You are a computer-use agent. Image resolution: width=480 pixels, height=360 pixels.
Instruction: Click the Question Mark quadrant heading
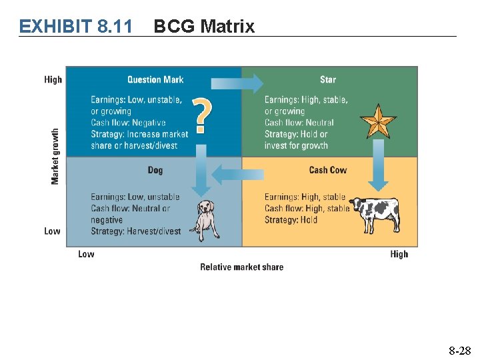155,79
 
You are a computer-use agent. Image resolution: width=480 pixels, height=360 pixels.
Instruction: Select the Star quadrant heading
327,79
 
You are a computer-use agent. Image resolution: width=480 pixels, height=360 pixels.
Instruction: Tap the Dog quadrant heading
155,170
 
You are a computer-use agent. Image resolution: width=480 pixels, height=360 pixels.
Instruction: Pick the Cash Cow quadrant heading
327,170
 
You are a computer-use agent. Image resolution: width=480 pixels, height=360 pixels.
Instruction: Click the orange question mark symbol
203,114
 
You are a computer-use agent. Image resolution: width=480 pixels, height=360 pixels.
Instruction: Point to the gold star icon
378,120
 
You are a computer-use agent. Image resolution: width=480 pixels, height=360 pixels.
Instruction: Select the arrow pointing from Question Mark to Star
237,83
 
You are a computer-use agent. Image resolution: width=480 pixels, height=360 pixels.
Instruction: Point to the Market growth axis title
55,157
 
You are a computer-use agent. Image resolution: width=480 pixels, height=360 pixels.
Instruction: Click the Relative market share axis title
241,267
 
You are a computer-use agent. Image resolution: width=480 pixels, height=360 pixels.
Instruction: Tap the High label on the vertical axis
53,79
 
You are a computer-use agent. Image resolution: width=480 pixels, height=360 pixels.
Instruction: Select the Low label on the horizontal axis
86,254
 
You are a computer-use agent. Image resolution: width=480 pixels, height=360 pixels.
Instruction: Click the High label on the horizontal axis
399,254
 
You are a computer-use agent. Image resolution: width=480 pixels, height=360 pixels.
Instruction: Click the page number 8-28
459,349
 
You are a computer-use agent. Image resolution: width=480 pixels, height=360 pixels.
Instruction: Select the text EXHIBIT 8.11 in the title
75,26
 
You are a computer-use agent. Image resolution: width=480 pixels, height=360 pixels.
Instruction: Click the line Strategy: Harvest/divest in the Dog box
136,231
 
